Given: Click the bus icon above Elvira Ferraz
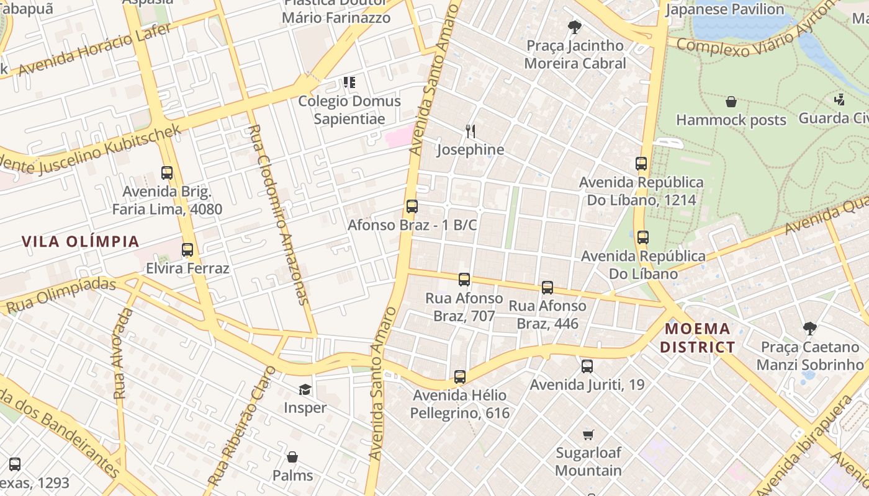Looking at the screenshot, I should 187,250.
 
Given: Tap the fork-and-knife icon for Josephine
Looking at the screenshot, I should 471,131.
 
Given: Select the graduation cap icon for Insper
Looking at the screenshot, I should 305,389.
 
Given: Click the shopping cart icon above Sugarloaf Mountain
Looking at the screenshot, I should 588,434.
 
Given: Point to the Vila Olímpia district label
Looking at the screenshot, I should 81,241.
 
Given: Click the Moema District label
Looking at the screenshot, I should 697,338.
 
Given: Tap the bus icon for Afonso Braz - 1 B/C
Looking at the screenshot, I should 412,206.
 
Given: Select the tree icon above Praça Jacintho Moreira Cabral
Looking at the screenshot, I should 575,27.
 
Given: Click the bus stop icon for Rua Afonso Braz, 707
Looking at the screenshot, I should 464,280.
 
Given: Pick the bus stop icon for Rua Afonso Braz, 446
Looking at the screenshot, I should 547,287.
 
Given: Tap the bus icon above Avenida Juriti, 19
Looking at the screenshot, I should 587,366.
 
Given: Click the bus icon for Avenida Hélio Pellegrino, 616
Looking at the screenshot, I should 459,376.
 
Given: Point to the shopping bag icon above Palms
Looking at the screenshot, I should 292,457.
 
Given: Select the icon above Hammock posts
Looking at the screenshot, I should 731,102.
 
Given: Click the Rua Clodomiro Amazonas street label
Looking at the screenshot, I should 277,215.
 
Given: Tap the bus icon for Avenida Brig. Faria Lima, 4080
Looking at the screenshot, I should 166,173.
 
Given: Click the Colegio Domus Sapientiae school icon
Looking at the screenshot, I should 349,82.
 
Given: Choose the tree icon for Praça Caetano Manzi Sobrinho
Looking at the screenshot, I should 809,328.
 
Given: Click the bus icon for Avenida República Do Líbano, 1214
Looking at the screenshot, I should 641,164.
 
